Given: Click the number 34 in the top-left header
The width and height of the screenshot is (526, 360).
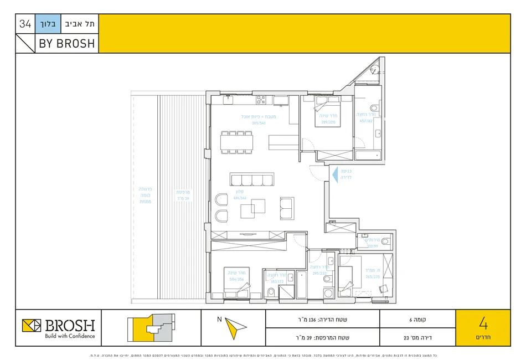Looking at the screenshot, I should click(25, 24).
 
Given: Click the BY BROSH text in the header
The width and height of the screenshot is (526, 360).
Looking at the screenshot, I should click(66, 43).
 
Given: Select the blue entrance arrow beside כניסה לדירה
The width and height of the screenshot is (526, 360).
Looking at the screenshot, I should click(334, 176).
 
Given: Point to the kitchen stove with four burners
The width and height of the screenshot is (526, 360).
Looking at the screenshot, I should click(261, 100).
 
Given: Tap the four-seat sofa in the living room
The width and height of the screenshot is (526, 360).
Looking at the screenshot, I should click(252, 179).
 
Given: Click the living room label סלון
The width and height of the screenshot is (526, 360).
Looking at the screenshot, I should click(240, 192).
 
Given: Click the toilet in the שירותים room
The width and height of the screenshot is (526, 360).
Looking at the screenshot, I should click(385, 241).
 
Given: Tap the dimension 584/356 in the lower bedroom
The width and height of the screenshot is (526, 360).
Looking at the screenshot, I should click(236, 279).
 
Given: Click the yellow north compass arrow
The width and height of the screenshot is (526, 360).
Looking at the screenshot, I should click(235, 328).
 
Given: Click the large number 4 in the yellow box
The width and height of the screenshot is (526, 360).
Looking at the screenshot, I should click(483, 323).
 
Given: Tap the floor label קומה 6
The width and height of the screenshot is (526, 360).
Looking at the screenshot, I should click(417, 320).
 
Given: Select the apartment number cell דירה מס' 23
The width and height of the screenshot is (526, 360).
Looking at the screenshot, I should click(417, 337).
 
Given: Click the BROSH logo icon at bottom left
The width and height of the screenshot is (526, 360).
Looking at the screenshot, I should click(32, 326).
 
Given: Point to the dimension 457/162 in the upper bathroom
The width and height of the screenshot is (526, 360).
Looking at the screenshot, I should click(367, 121).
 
